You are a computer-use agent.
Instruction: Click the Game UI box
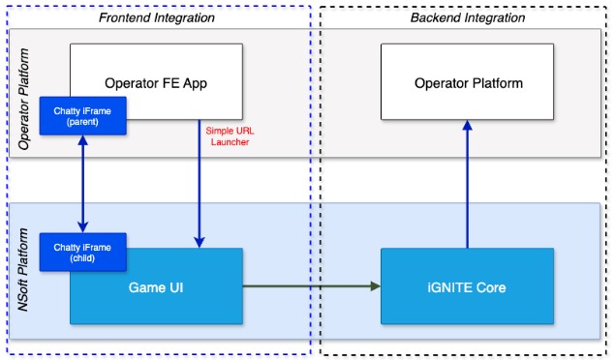point(156,286)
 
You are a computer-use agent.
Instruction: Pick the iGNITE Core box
point(467,286)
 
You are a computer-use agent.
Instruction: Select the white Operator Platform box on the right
point(467,83)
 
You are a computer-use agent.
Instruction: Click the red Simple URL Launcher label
point(229,136)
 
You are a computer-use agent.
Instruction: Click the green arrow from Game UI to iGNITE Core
point(310,285)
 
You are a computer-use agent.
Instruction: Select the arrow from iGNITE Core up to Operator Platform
point(467,184)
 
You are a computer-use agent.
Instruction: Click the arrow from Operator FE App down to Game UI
point(199,184)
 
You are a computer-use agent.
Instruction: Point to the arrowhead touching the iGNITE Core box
point(374,285)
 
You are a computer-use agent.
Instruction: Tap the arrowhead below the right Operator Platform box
point(467,126)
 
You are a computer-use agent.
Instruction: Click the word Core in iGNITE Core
point(492,286)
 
